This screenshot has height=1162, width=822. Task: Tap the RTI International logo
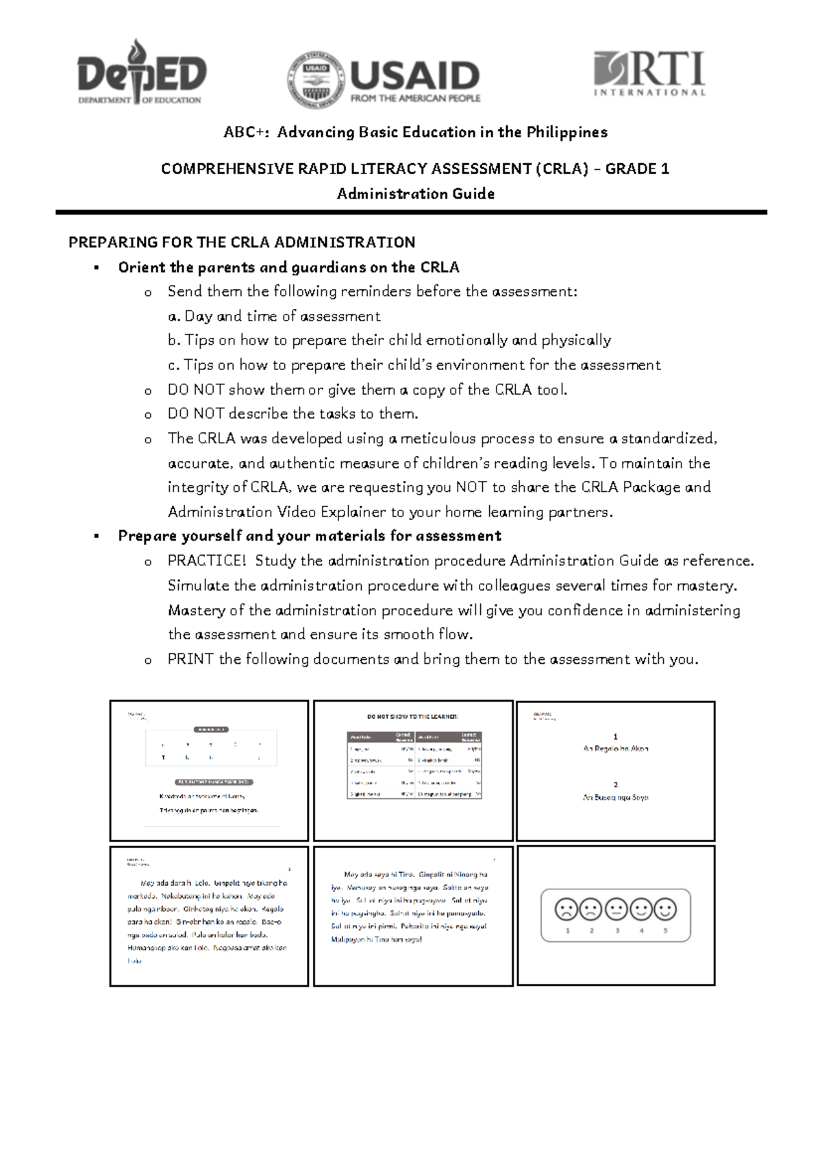pos(649,73)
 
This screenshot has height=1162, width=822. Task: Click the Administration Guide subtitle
pos(415,194)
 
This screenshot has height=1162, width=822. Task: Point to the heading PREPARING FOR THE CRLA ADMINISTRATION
pos(242,243)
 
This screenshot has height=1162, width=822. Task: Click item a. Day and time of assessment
pos(274,317)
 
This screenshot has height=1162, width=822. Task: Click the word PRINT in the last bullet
pos(190,660)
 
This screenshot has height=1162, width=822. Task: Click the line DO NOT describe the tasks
pos(293,414)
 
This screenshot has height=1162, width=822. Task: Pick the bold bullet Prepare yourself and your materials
pos(310,536)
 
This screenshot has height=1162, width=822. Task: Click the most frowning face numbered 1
pos(566,910)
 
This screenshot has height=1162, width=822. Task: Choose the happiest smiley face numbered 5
pos(664,910)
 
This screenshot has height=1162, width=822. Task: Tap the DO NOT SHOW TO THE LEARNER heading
pos(412,717)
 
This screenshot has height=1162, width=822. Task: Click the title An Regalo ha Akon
pos(615,749)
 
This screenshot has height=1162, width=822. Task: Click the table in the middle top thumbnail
pos(414,765)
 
